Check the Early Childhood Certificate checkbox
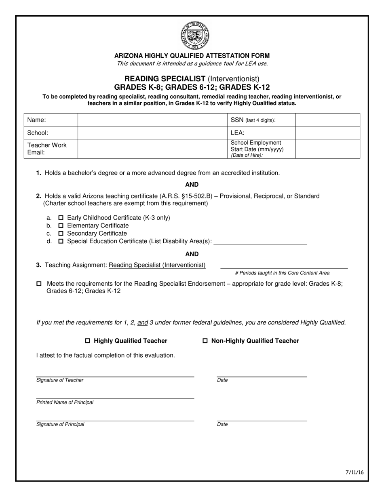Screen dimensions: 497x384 click(61, 218)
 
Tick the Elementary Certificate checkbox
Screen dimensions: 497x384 click(61, 225)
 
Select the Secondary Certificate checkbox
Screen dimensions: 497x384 click(61, 234)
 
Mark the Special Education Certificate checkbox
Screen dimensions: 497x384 click(61, 241)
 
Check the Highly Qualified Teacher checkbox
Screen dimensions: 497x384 click(88, 341)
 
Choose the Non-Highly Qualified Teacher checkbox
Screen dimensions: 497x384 click(205, 341)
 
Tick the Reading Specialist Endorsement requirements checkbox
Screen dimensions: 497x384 click(39, 284)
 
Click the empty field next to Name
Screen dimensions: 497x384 click(152, 120)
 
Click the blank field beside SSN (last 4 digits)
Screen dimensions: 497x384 click(327, 120)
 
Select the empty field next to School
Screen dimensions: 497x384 click(152, 133)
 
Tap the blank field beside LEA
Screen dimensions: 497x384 click(327, 133)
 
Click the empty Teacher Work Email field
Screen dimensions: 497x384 click(152, 149)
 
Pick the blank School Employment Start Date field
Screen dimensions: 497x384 click(327, 149)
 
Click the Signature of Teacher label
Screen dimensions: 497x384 click(60, 380)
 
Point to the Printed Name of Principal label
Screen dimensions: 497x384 click(65, 402)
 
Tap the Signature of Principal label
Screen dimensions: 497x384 click(60, 424)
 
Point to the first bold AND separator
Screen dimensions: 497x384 click(192, 185)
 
